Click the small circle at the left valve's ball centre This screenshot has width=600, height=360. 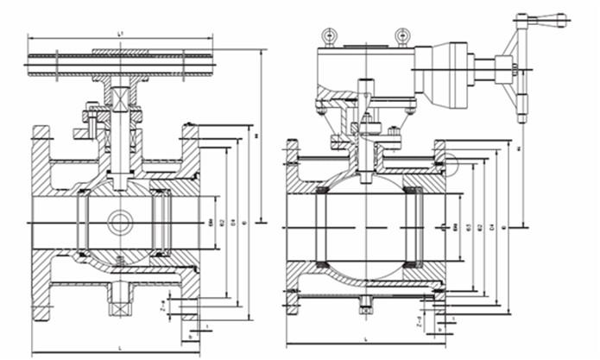point(120,223)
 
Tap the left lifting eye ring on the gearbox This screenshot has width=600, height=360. point(329,35)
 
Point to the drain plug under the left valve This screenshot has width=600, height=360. point(119,301)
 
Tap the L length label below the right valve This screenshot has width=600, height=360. point(365,339)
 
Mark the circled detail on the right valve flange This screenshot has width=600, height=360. point(442,159)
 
